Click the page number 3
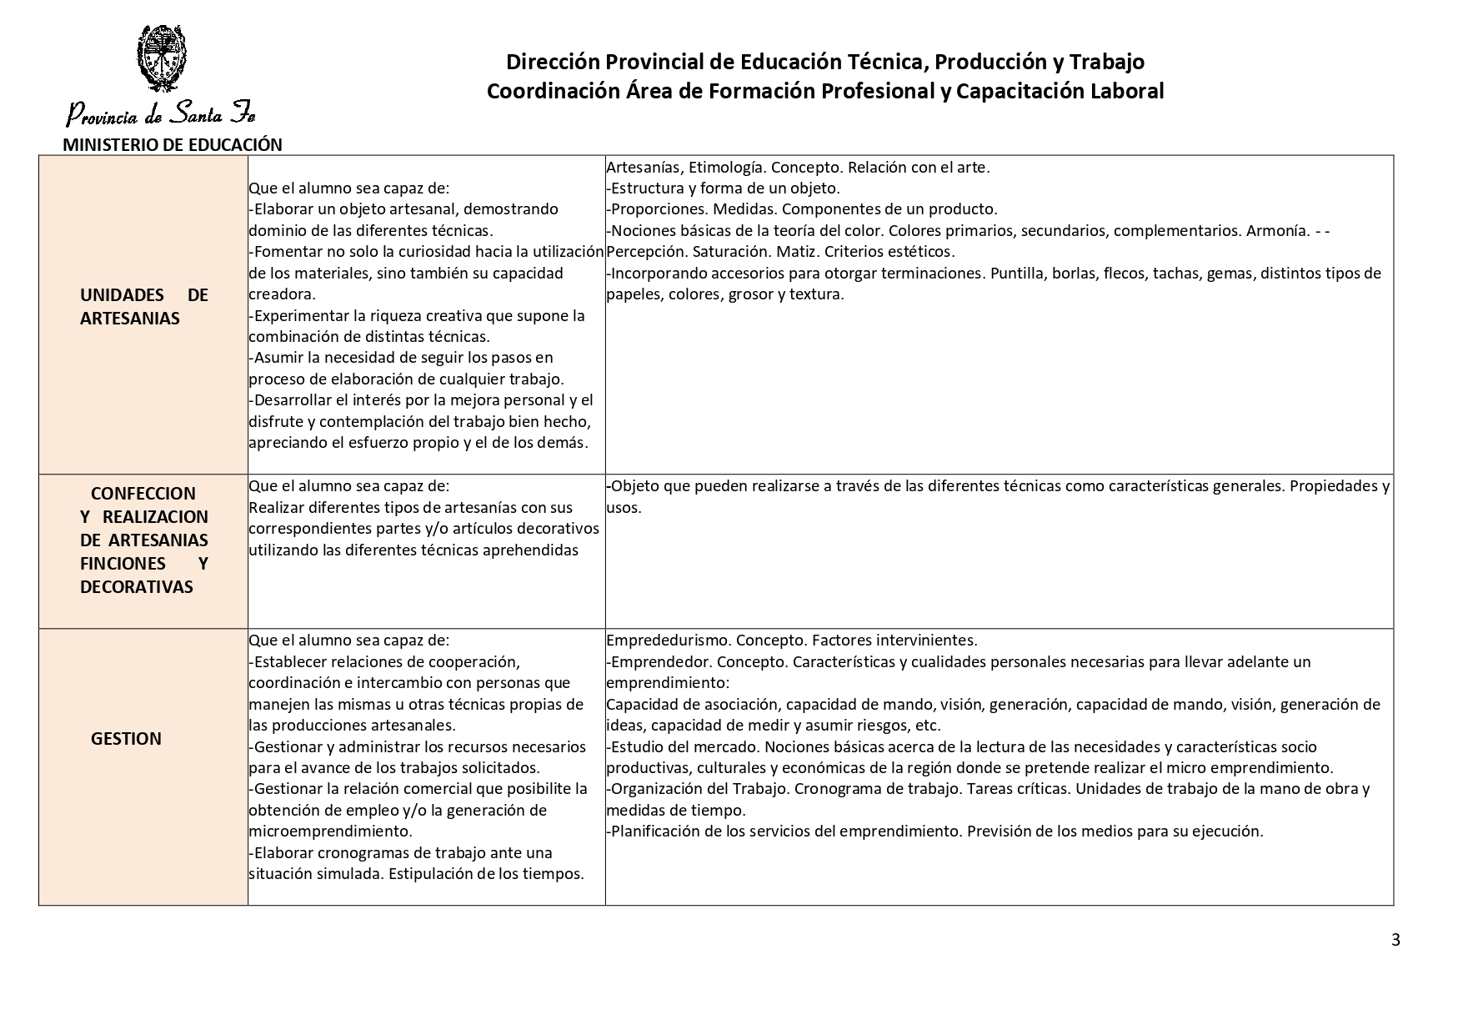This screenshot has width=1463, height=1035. (1395, 941)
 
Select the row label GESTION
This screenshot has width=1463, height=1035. (126, 739)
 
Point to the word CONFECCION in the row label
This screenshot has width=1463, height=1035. (143, 494)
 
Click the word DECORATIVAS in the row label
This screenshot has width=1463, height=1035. (136, 587)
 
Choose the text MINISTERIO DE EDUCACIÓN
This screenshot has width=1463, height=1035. (173, 145)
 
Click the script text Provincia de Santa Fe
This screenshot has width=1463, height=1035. (161, 113)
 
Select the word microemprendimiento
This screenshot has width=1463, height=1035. (330, 832)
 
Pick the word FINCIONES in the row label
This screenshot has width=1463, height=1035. (123, 564)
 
